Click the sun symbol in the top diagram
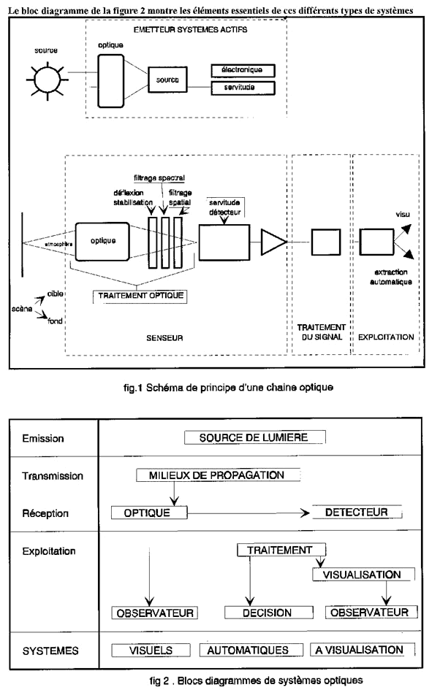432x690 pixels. click(x=47, y=80)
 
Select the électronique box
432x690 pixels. click(x=243, y=70)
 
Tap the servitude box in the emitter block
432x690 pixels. click(x=243, y=88)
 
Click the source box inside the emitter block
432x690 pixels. click(x=167, y=80)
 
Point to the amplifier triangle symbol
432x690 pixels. click(x=273, y=242)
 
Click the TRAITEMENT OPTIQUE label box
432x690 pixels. click(x=140, y=296)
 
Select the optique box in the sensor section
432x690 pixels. click(x=102, y=241)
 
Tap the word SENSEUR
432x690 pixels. click(x=164, y=338)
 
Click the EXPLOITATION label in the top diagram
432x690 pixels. click(x=386, y=337)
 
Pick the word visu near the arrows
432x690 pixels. click(x=403, y=215)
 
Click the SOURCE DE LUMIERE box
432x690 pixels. click(x=254, y=437)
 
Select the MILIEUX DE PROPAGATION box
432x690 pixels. click(x=219, y=475)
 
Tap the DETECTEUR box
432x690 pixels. click(x=357, y=513)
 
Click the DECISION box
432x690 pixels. click(x=268, y=613)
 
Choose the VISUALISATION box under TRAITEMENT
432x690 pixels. click(x=364, y=574)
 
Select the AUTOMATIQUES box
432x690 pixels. click(x=251, y=650)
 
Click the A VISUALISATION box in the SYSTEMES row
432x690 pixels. click(x=363, y=650)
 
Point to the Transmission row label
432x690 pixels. click(x=53, y=476)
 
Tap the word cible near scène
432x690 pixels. click(x=56, y=294)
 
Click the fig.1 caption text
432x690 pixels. click(x=228, y=388)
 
